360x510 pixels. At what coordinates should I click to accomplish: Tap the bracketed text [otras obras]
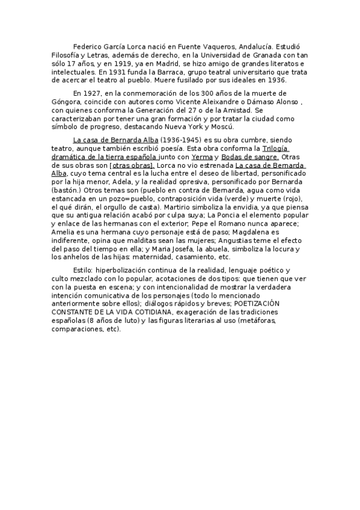(x=133, y=165)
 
